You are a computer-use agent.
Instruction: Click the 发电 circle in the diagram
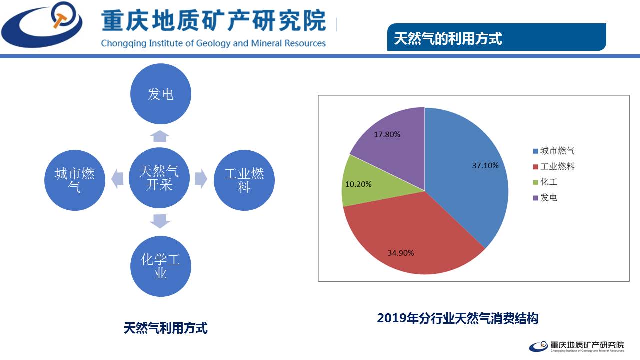click(160, 94)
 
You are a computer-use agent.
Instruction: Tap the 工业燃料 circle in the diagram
click(244, 180)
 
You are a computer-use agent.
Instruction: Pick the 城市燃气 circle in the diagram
click(75, 180)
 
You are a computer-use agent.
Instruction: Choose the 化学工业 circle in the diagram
click(160, 266)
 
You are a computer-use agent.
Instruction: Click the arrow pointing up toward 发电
click(160, 136)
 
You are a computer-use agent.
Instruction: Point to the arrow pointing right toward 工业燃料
click(201, 179)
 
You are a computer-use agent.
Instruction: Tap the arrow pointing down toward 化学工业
click(160, 220)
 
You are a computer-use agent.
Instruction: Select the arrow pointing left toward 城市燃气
click(117, 179)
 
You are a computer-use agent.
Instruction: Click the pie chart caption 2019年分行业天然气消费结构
click(457, 318)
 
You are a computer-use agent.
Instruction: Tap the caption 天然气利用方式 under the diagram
click(165, 328)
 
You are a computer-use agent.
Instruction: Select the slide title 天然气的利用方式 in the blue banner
click(448, 38)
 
